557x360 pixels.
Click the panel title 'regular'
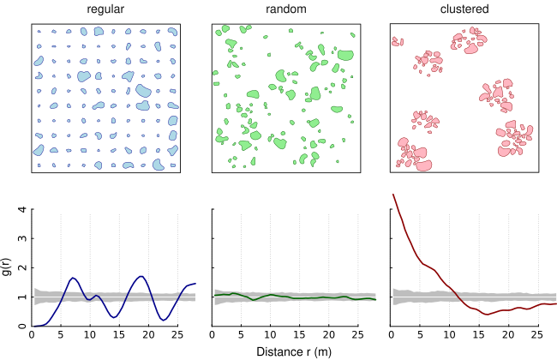pos(107,9)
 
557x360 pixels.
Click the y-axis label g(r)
pos(9,267)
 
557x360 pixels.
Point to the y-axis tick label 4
pos(21,209)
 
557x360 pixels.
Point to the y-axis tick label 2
pos(21,267)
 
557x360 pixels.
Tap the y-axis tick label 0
pos(21,327)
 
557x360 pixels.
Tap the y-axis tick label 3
pos(21,238)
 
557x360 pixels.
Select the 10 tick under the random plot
pos(271,334)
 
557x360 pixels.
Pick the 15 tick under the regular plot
pos(120,334)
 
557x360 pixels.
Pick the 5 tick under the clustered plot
pos(420,334)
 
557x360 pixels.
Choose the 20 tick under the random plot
pos(329,334)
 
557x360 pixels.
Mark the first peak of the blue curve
pos(73,278)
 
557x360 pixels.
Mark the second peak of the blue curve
pos(141,276)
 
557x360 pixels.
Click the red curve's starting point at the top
pos(392,195)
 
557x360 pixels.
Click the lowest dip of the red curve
pos(486,315)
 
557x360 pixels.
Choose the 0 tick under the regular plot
pos(32,334)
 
